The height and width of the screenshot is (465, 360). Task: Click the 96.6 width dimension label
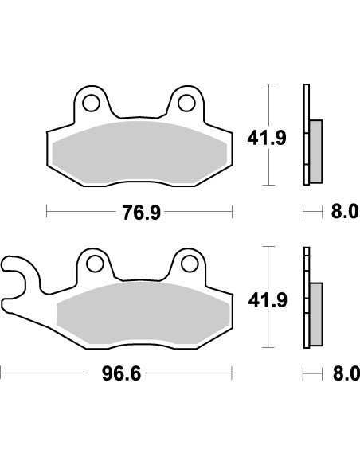(x=124, y=373)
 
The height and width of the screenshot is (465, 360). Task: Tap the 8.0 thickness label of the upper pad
(x=340, y=212)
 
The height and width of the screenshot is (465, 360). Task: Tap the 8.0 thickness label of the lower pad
(x=340, y=373)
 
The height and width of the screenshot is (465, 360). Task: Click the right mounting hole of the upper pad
(x=186, y=103)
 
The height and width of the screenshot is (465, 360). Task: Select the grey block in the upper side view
(x=315, y=150)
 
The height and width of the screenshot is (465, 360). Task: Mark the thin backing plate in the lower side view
(x=305, y=299)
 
